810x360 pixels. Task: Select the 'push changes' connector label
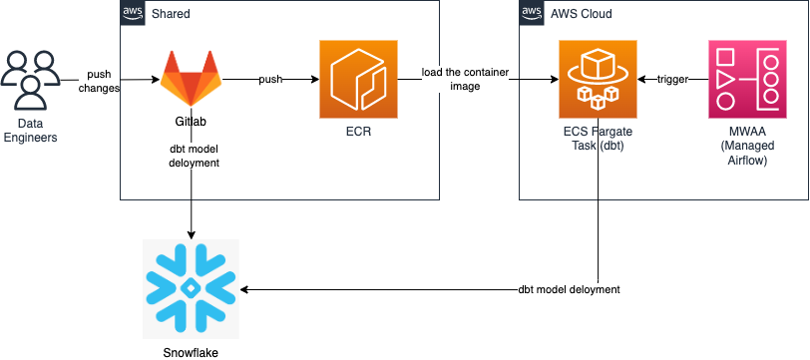point(99,81)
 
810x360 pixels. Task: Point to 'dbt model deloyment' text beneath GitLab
point(195,156)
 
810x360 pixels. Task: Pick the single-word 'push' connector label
point(269,79)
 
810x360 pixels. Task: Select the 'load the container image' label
point(465,80)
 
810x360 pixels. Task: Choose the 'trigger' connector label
point(672,79)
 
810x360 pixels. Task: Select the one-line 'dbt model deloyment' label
point(569,289)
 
